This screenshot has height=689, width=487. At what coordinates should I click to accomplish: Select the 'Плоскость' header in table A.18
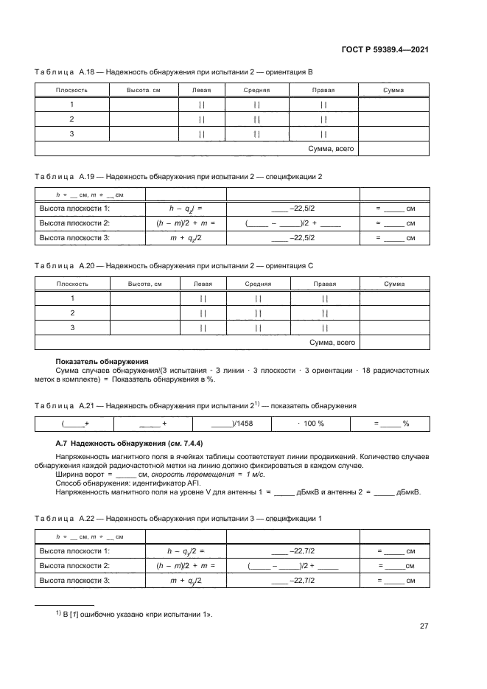[x=72, y=90]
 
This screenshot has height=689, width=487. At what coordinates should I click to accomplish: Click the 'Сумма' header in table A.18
[x=393, y=90]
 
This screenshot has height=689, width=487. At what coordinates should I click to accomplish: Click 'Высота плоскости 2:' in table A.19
[x=74, y=223]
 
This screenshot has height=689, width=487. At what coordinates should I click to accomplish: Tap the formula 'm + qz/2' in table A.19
[x=185, y=238]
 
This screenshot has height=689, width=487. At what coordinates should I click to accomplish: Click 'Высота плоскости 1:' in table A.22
[x=74, y=550]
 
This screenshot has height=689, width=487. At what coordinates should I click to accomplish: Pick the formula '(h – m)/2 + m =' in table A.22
[x=185, y=565]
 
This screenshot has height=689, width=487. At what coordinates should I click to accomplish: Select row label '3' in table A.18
[x=72, y=133]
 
